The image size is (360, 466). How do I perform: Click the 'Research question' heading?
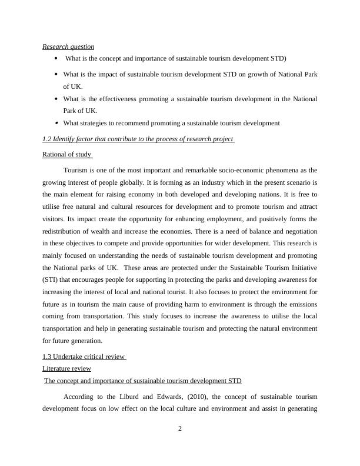[68, 46]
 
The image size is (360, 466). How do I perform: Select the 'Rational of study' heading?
[67, 154]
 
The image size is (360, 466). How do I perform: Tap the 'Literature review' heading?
[67, 368]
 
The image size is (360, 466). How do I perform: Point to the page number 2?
[180, 428]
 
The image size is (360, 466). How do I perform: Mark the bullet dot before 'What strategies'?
[55, 123]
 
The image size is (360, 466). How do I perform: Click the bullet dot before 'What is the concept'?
[55, 58]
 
